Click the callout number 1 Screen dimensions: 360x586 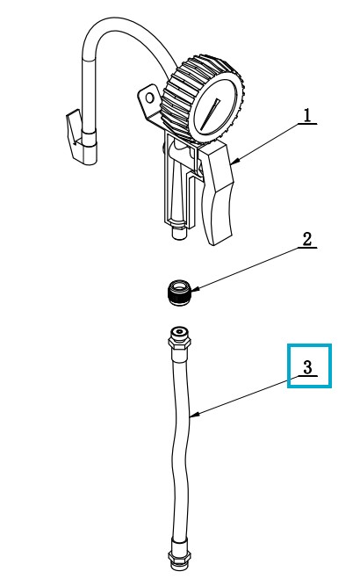[306, 115]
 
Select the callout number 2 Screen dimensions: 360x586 [306, 239]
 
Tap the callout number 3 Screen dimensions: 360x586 [307, 367]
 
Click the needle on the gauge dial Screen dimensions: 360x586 [210, 114]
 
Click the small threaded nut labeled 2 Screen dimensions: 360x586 [180, 293]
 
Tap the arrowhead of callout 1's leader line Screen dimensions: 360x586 [235, 161]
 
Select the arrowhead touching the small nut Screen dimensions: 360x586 [197, 288]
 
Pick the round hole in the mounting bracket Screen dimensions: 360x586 [149, 98]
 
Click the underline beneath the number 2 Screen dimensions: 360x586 [307, 248]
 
